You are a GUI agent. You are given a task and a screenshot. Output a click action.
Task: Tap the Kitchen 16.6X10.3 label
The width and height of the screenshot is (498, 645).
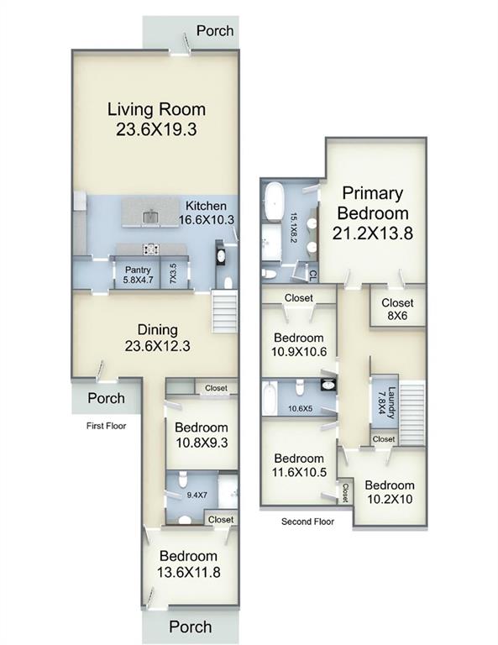[x=207, y=212]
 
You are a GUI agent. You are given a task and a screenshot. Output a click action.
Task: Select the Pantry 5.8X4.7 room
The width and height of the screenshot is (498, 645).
[x=138, y=275]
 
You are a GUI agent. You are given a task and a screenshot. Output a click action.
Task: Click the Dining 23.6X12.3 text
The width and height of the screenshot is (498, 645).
[x=158, y=338]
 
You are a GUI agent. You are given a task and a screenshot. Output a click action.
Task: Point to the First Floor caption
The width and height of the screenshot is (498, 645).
[x=106, y=426]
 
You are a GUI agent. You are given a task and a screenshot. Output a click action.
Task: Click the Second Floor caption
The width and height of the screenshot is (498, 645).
[x=307, y=522]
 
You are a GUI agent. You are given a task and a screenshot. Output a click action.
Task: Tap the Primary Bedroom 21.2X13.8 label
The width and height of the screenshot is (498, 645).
[x=373, y=213]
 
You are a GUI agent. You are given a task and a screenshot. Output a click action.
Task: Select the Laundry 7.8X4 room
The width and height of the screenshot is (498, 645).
[x=385, y=402]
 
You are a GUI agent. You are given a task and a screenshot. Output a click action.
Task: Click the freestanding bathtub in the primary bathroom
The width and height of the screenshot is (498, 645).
[x=273, y=202]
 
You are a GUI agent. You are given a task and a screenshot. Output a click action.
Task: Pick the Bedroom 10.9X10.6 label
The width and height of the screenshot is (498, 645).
[x=299, y=344]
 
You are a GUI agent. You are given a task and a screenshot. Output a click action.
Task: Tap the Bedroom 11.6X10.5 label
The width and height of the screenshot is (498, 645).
[x=299, y=465]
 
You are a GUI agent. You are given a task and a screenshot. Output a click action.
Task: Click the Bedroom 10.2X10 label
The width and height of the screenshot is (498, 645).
[x=390, y=492]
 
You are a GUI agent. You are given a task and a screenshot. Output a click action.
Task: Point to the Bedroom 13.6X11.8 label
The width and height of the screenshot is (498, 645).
[x=188, y=564]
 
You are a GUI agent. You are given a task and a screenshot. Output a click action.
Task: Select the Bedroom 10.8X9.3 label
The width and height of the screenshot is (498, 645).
[x=202, y=435]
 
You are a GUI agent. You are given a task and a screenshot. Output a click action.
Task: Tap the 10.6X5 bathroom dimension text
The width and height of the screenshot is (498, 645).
[x=300, y=409]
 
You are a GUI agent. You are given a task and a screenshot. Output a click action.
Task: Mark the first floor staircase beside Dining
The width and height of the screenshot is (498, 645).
[x=224, y=312]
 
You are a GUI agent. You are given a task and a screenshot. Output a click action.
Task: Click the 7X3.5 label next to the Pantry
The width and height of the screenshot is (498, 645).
[x=173, y=273]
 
